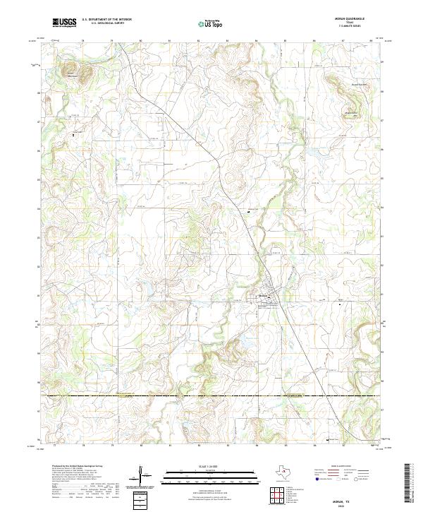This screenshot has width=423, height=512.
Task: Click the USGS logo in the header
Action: [64, 23]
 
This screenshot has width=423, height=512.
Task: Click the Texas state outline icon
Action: [287, 472]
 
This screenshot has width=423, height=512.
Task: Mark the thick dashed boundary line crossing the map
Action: [211, 397]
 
